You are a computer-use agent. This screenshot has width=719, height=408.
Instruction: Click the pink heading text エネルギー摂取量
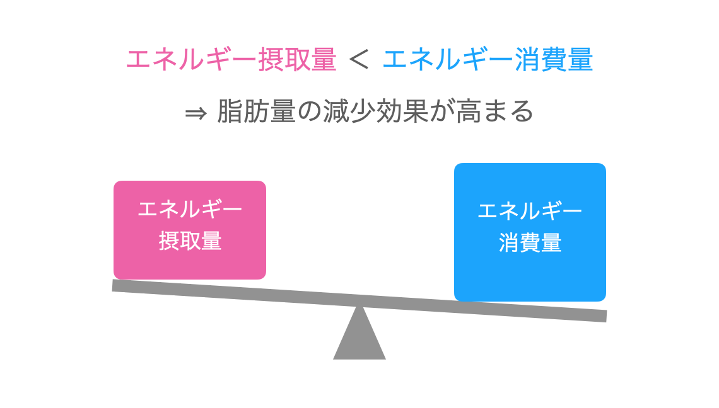[x=231, y=60]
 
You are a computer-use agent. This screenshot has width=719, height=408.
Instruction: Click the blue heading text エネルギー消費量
[x=488, y=60]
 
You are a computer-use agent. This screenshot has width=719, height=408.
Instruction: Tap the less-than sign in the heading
[x=359, y=60]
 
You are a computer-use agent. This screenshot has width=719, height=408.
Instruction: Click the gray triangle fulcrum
[x=359, y=340]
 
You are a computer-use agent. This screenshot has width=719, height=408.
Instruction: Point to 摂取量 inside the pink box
[x=190, y=241]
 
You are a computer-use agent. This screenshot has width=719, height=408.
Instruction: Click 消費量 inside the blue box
[x=530, y=243]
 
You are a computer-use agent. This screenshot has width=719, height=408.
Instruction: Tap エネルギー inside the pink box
[x=190, y=210]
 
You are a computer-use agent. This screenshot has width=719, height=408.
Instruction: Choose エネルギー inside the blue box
[x=530, y=211]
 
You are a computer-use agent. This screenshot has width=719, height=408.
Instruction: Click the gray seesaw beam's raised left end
[x=120, y=286]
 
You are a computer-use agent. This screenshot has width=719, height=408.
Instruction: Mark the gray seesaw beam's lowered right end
[x=599, y=315]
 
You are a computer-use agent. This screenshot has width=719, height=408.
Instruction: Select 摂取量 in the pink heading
[x=297, y=60]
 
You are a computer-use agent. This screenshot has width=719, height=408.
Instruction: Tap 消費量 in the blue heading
[x=554, y=60]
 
